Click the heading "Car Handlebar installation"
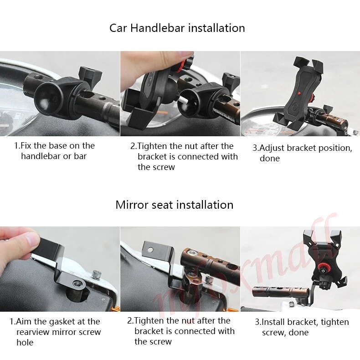[x=177, y=28]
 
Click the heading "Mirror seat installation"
[x=174, y=205]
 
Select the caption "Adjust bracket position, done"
[x=302, y=153]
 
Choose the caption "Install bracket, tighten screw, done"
[x=302, y=327]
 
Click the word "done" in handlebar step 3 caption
[x=269, y=159]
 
